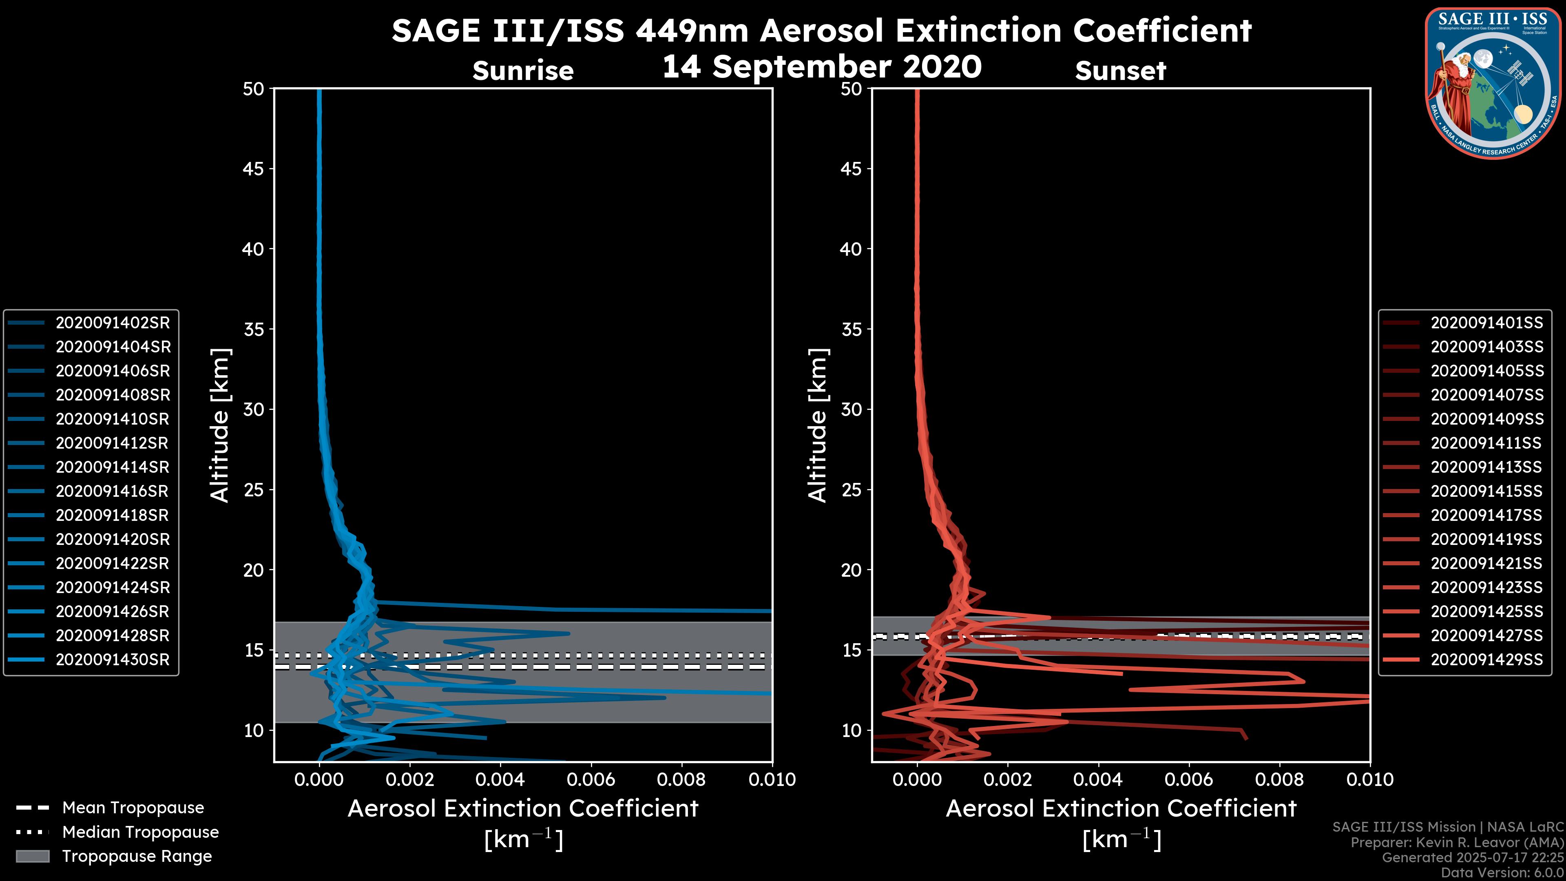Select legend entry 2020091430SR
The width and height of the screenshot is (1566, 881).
(113, 660)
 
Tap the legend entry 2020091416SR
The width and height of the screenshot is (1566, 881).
(113, 491)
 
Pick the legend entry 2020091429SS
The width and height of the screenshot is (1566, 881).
(1486, 660)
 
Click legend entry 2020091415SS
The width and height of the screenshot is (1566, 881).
(1486, 491)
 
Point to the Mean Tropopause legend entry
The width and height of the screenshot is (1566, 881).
(133, 808)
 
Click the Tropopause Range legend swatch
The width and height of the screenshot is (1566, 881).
(33, 856)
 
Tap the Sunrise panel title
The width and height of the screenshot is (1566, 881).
(523, 71)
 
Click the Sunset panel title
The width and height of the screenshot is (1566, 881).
(1120, 71)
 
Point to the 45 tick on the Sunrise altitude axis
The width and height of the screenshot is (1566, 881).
(254, 169)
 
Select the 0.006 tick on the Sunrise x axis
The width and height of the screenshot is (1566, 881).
(590, 779)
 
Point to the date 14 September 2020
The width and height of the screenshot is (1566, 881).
(821, 66)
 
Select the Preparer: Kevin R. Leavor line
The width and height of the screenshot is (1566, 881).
(1457, 843)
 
